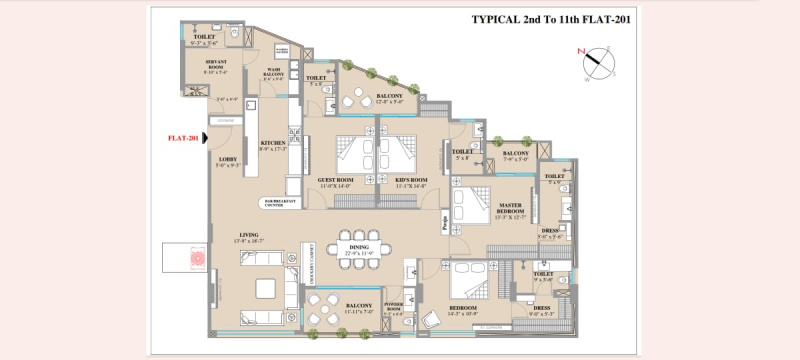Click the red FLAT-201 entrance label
click(183, 138)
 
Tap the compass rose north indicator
click(596, 60)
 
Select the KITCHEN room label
click(273, 146)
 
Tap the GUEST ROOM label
click(338, 182)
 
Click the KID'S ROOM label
click(410, 182)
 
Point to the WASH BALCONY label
click(273, 72)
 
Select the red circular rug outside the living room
click(196, 257)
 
